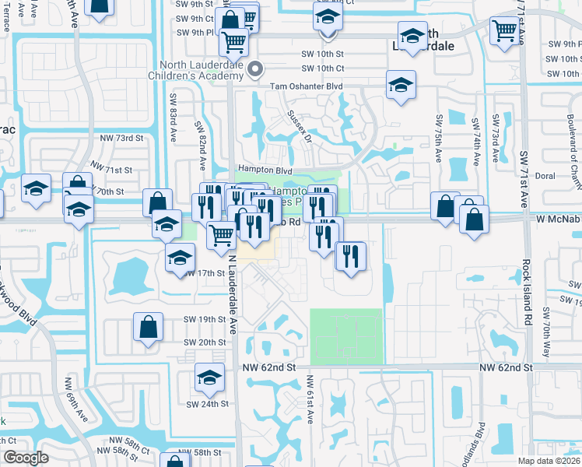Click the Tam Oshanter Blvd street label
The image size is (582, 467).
(307, 86)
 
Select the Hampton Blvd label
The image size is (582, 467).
(264, 170)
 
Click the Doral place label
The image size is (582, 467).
(545, 176)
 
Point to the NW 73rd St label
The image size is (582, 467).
(122, 138)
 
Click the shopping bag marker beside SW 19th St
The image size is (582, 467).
(148, 328)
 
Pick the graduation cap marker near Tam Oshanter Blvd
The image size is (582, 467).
(401, 86)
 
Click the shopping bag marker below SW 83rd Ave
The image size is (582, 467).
(158, 202)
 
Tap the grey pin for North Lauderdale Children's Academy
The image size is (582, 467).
(255, 71)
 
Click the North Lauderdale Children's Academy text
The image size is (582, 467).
(203, 71)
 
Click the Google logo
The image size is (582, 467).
(26, 458)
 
